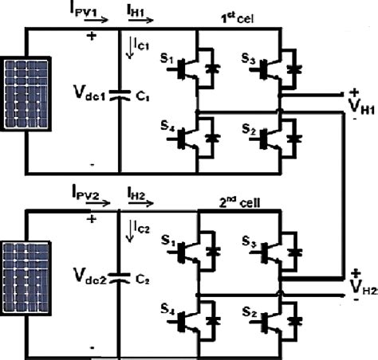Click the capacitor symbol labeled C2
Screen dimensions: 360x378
click(119, 278)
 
